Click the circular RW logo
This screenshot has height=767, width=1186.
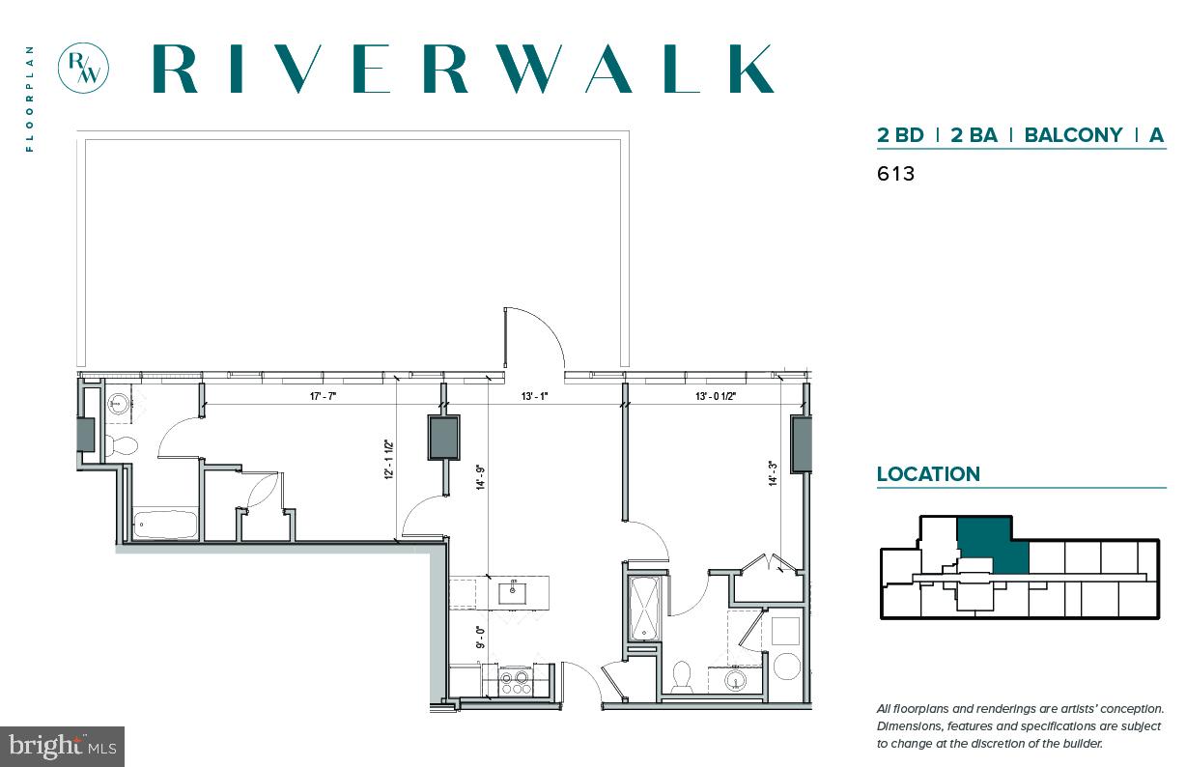[x=83, y=69]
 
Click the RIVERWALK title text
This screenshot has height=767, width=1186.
[x=463, y=69]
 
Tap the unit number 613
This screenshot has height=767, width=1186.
[x=895, y=175]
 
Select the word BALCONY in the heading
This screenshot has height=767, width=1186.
[x=1073, y=135]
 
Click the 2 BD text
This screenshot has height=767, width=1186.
[x=900, y=135]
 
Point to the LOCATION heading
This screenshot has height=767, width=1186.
[x=928, y=474]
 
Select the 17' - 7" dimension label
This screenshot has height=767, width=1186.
[x=323, y=396]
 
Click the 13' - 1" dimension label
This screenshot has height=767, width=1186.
[x=534, y=396]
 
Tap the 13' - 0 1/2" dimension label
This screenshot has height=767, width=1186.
[x=716, y=396]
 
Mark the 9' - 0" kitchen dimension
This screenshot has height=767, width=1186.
[x=480, y=638]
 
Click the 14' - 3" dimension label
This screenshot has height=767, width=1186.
[x=773, y=472]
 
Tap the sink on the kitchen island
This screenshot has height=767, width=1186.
[x=511, y=592]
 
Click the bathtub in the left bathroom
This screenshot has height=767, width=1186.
[x=165, y=526]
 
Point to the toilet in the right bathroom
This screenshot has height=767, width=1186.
[x=682, y=677]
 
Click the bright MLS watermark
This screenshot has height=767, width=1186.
[x=62, y=746]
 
